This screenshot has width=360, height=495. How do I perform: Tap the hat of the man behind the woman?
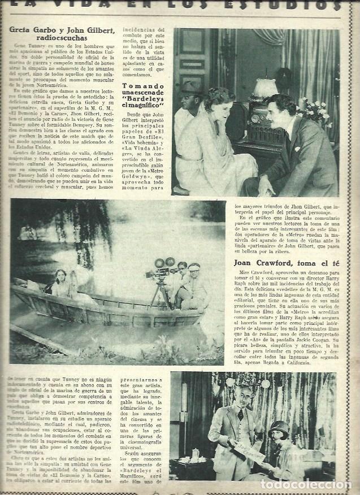click(190, 87)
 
